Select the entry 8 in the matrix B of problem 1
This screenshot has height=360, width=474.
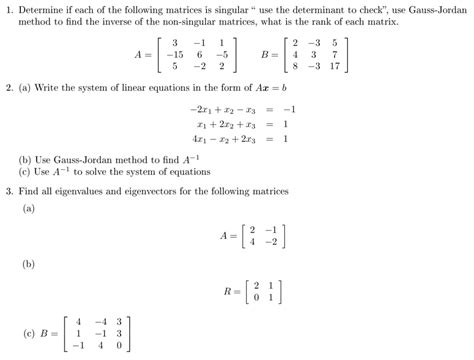click(x=291, y=68)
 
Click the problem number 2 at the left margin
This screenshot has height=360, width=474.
click(x=8, y=90)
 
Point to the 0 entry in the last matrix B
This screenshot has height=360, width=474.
click(x=119, y=347)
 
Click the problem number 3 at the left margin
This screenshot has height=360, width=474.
click(x=8, y=191)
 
